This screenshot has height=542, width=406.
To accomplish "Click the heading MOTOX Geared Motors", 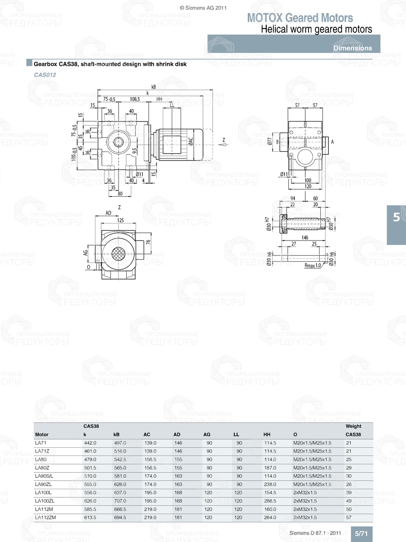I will pos(300,18).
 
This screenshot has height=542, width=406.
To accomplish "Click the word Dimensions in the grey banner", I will pos(352,48).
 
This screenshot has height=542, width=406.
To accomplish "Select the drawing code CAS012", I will pos(45,75).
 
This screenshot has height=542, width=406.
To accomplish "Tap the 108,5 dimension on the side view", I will pos(135,99).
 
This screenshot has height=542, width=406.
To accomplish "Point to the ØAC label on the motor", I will pos(191,141).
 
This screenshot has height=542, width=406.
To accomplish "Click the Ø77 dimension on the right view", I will pos(270,141).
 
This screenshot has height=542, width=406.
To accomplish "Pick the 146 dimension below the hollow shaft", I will pos(304,237).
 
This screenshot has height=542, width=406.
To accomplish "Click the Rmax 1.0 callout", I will pos(313,265).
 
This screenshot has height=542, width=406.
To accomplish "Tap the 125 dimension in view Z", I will pos(121,220).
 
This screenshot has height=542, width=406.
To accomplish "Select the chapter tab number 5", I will pos(396,217).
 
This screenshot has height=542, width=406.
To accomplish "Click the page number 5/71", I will pos(361,533).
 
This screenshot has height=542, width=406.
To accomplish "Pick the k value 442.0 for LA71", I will pos(90,443).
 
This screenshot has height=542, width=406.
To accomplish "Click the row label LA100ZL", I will pos(45,501).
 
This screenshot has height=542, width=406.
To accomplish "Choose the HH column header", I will pos(267,434).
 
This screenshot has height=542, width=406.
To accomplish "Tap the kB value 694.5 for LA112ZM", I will pos(120,518).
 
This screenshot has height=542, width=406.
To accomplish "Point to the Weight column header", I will pos(353,426).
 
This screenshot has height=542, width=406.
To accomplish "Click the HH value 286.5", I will pos(270,501).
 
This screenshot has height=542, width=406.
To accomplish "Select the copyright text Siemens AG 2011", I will pos(203,8).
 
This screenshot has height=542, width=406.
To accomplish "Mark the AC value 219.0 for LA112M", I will pos(150,509).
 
